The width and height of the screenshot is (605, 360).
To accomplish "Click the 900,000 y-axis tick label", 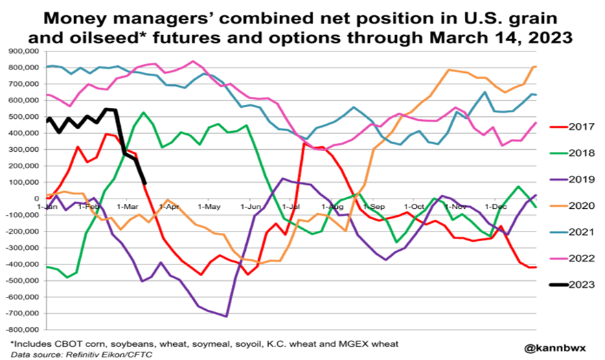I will coord(23,52).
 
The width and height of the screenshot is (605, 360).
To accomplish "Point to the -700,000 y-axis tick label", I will coord(22,313).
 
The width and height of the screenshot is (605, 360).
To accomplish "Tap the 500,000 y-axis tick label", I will coord(23,117).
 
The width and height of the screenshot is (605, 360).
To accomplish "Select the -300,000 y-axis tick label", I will coord(22,248).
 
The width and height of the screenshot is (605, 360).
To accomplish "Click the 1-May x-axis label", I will coord(208,206).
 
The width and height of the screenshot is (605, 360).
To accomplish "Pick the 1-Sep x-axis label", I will coord(373,206).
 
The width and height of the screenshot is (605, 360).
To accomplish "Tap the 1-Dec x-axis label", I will coord(496,206).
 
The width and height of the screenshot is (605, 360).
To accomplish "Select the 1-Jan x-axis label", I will coord(47,206).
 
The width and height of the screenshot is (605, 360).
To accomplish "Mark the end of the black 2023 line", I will coord(146,183).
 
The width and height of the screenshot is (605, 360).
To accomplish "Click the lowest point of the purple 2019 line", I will coord(227,316).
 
